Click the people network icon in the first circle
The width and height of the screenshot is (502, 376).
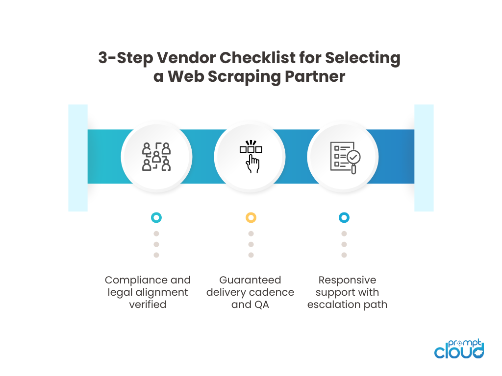[x=156, y=157]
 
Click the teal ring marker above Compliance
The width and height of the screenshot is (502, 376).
[x=156, y=217]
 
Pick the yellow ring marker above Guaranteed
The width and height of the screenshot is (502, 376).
[x=251, y=217]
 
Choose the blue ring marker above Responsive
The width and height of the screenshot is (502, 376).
[x=344, y=217]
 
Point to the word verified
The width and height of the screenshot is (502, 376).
[x=148, y=305]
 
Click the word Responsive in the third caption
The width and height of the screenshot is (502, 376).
[x=347, y=280]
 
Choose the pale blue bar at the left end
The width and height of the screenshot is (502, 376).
[x=77, y=158]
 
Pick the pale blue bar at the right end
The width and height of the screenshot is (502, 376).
[x=424, y=158]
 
